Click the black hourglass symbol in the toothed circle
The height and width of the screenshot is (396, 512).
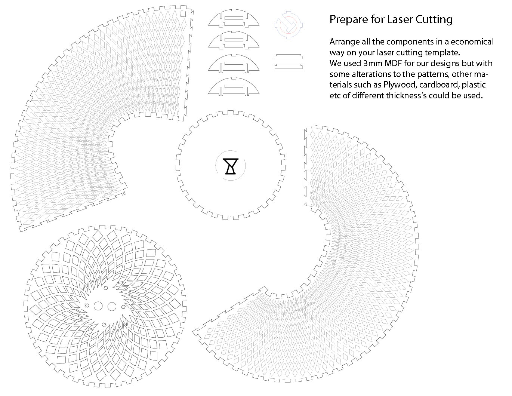pos(231,166)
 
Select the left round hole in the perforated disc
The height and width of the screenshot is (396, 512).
pos(98,306)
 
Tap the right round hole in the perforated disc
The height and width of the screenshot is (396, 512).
pos(112,306)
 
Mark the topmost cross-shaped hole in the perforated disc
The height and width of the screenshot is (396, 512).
pos(106,288)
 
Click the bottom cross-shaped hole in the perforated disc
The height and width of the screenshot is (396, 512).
pos(104,325)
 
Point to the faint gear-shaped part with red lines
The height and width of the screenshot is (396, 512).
pos(289,25)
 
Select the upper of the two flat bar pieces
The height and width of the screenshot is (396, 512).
pos(289,56)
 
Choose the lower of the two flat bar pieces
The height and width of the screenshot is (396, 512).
pos(289,67)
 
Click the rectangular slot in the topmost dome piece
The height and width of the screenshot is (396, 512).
pos(234,18)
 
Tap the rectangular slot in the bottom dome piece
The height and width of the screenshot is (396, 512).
pos(234,86)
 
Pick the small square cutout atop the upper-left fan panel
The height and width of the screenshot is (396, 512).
pos(183,14)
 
